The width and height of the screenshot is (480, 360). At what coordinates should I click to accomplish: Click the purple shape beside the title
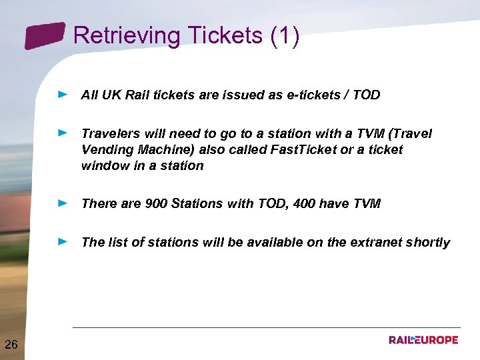click(x=45, y=35)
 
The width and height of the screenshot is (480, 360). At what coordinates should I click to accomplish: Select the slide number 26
click(x=11, y=344)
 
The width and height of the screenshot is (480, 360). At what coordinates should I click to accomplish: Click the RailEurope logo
click(x=423, y=340)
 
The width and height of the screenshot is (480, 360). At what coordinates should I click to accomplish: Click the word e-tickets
click(x=311, y=95)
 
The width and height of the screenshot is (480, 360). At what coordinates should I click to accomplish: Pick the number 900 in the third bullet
click(x=156, y=204)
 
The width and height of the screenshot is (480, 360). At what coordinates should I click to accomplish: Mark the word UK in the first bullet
click(x=111, y=95)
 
